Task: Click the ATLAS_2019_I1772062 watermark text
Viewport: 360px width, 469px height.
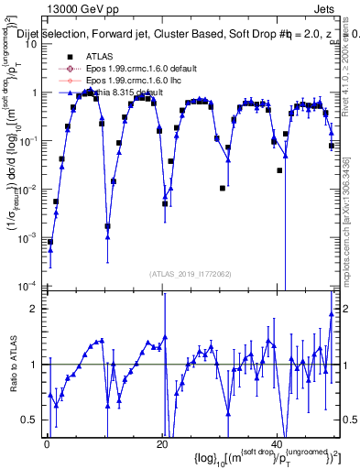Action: coord(191,274)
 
